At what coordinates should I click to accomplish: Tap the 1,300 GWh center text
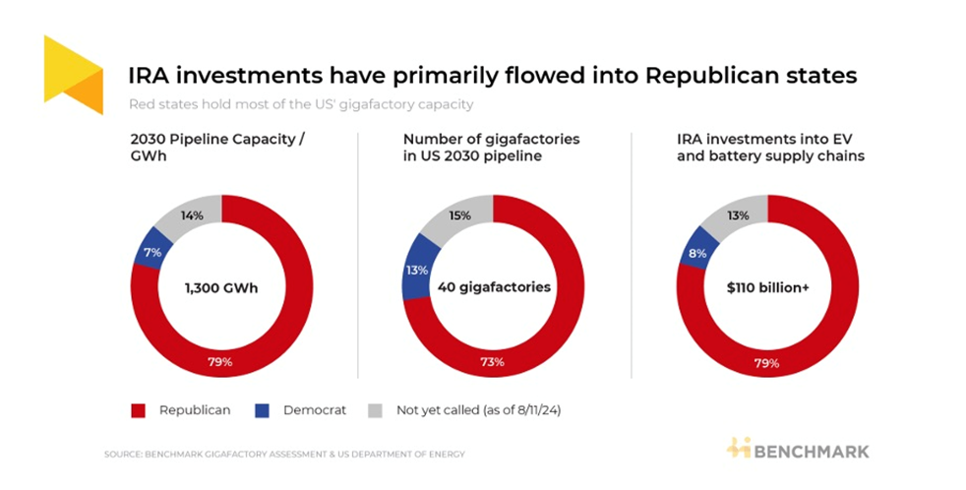tap(221, 288)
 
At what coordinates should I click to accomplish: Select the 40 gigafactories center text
tap(493, 288)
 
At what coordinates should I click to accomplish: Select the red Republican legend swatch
tap(136, 409)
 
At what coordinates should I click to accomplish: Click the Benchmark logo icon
tap(739, 448)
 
